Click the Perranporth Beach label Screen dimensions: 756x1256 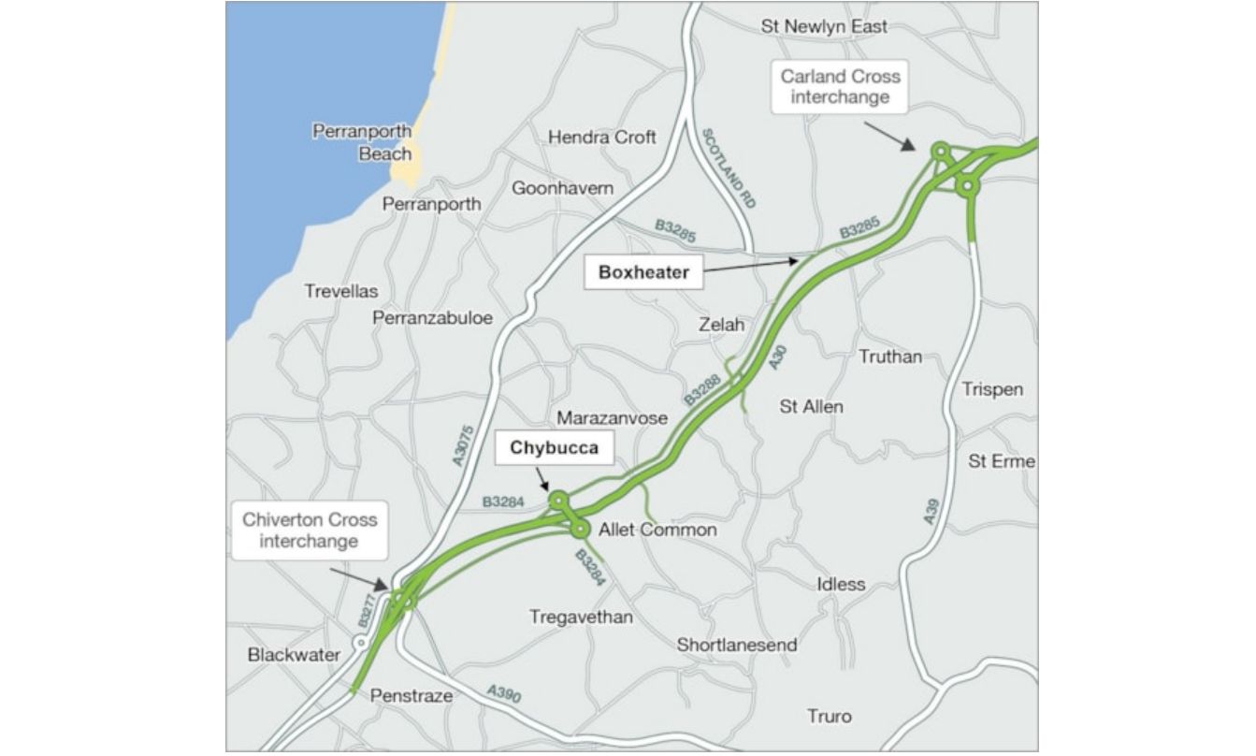362,142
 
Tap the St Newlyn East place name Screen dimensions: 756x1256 824,26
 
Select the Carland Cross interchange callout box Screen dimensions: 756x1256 840,87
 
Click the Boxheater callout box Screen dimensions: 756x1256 643,273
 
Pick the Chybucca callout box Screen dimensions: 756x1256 553,448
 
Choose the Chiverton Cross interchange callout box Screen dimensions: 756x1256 310,530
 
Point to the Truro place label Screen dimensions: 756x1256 830,717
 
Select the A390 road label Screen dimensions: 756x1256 503,694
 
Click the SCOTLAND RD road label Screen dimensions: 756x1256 729,167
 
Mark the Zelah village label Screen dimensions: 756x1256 722,325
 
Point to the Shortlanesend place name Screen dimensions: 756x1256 737,645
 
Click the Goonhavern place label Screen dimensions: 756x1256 562,188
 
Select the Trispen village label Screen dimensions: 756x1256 992,389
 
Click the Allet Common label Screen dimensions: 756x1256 657,531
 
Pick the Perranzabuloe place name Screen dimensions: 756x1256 432,318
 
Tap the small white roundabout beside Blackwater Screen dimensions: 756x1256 360,643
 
